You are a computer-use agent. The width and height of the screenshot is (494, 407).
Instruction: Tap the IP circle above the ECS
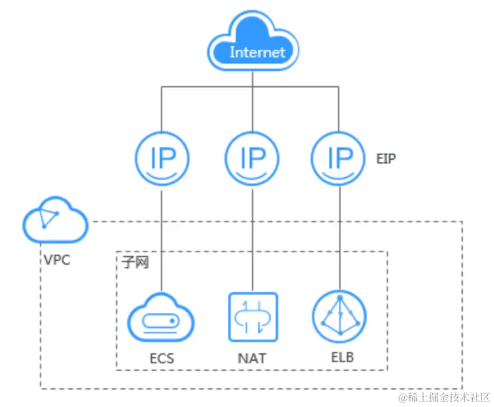[162, 160]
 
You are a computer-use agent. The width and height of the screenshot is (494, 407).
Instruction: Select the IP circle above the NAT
[252, 160]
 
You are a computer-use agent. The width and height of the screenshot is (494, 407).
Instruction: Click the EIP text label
[386, 159]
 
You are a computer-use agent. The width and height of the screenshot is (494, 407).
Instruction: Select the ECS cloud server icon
[162, 320]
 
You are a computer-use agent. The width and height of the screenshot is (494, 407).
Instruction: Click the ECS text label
[162, 359]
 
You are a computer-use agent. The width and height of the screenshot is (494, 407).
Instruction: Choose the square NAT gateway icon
[252, 316]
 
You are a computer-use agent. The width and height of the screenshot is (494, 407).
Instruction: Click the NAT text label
[252, 359]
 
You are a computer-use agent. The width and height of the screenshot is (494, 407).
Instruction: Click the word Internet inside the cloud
[257, 52]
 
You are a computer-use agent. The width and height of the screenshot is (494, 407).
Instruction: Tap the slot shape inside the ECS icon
[162, 322]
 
